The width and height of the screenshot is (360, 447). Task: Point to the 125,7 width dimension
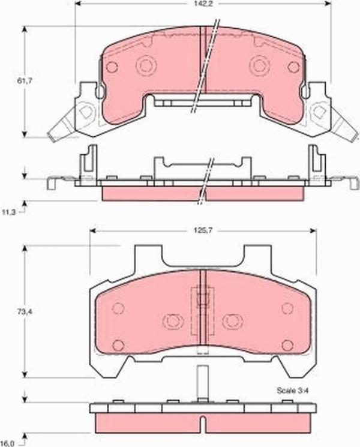point(202,229)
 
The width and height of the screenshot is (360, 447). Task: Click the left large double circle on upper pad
point(146,65)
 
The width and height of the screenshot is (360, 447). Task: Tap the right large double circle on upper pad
point(259,65)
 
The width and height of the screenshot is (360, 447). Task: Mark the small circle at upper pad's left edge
point(112,67)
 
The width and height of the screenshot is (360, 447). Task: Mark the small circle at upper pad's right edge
point(293,67)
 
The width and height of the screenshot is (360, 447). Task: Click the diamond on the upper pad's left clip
point(85,112)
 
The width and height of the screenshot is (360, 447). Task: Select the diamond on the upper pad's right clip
point(319,112)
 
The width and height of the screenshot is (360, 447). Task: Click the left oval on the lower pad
point(173,321)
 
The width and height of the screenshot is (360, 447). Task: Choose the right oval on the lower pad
point(232,321)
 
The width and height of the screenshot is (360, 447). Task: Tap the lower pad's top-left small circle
point(118,308)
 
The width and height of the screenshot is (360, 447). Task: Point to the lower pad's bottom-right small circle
point(287,344)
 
